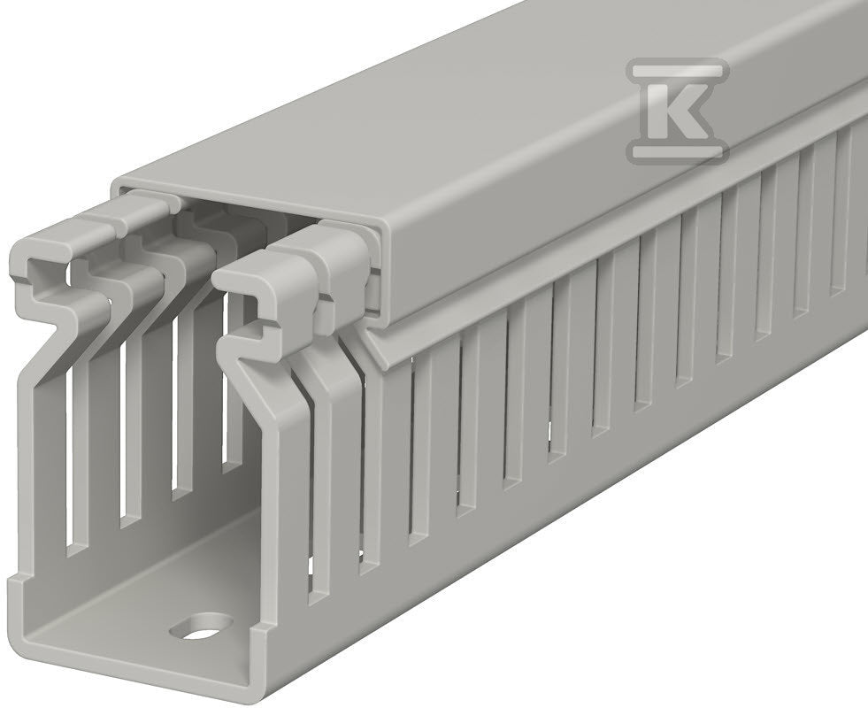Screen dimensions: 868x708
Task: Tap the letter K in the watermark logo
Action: [x=678, y=107]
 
